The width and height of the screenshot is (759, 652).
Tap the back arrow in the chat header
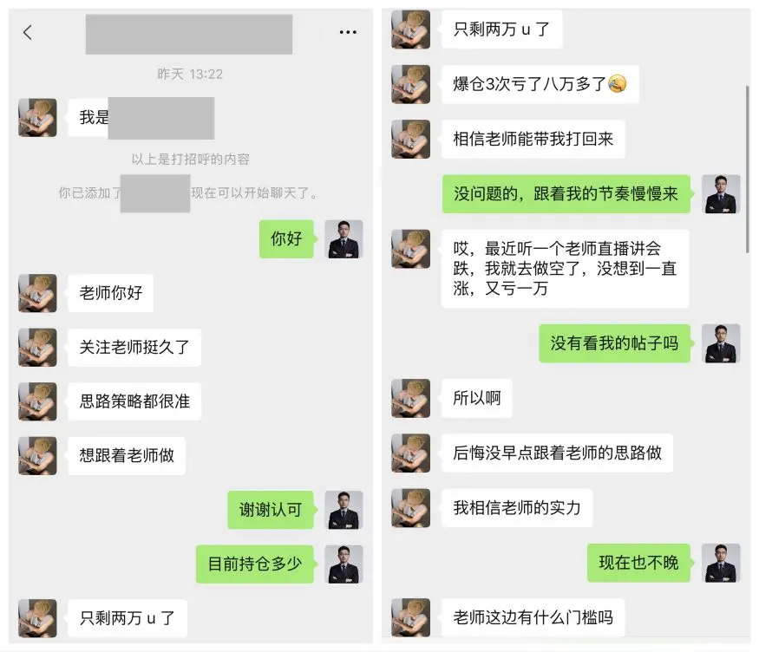click(28, 32)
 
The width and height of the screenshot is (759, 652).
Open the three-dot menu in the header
click(348, 32)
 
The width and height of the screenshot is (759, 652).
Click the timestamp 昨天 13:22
click(190, 74)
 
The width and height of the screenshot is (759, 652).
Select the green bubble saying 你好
click(286, 238)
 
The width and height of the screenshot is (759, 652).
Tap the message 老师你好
click(111, 293)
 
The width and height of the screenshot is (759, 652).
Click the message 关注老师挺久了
click(134, 347)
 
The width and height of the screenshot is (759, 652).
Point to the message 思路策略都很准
click(134, 401)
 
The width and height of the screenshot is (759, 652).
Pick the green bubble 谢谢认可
click(271, 510)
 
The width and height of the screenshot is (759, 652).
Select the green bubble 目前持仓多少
click(255, 564)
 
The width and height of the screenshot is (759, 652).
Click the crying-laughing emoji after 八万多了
click(617, 84)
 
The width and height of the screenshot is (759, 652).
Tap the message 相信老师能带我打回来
click(533, 139)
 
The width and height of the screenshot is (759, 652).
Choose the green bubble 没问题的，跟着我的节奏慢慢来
click(566, 193)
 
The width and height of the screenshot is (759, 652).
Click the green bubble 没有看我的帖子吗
click(614, 343)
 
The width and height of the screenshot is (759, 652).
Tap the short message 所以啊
click(477, 398)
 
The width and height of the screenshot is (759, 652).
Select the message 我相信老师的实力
click(517, 508)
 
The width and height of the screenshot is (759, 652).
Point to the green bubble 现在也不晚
click(638, 563)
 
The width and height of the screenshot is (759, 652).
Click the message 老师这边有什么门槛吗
click(533, 617)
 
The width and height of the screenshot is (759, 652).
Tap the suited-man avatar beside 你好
click(344, 239)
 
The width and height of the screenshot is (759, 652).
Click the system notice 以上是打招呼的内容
click(190, 160)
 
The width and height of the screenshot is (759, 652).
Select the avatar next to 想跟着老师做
click(38, 456)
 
